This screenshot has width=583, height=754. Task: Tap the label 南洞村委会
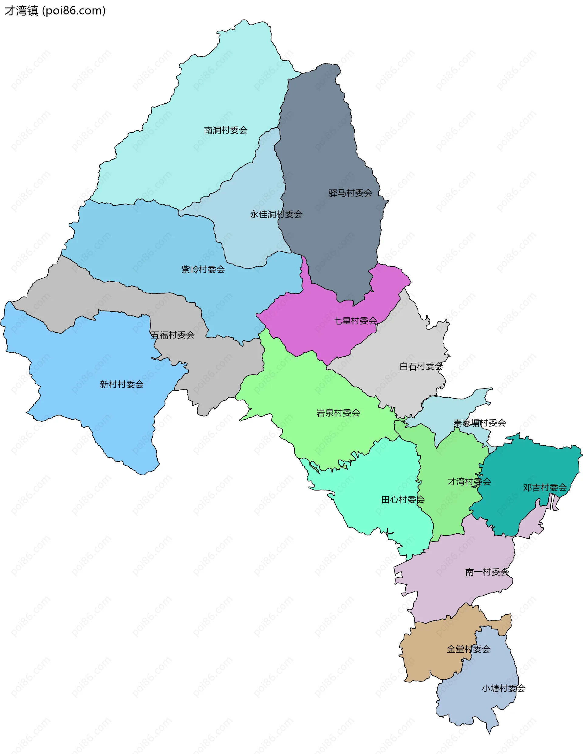[226, 130]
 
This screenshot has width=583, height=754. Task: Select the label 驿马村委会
[351, 193]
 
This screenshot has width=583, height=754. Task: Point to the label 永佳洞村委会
[276, 214]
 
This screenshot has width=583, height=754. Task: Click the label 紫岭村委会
[203, 269]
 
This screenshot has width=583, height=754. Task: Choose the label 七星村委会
[355, 321]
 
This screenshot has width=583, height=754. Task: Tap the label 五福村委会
[173, 335]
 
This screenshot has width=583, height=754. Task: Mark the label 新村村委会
[121, 384]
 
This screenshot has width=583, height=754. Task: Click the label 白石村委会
[421, 366]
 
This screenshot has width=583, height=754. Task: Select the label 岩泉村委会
[338, 413]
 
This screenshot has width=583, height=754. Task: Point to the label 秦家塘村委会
[479, 423]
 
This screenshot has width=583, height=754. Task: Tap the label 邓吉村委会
[545, 487]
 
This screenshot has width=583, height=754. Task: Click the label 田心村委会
[403, 500]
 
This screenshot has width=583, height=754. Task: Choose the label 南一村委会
[487, 572]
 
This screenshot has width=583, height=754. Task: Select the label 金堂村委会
[468, 649]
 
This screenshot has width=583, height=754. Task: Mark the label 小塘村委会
[503, 688]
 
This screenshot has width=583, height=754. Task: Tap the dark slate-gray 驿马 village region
[328, 138]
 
